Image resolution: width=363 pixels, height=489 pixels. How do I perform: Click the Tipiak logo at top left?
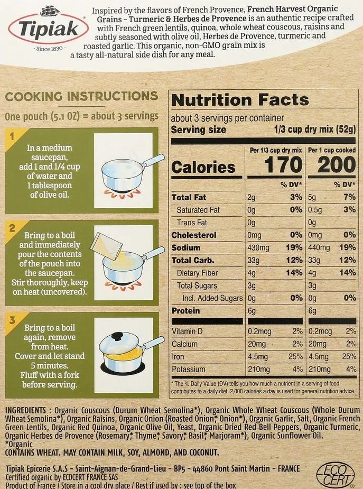tap(48, 28)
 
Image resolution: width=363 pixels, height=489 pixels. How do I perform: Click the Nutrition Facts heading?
tap(240, 100)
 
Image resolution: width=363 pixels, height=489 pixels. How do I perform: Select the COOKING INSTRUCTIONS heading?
tap(81, 96)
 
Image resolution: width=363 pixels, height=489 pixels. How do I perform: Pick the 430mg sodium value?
tap(259, 247)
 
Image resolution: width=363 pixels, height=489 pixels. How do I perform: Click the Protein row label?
tap(186, 311)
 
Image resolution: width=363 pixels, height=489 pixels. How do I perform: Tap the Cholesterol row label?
tap(194, 235)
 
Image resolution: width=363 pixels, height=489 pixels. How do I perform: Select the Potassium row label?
tap(189, 369)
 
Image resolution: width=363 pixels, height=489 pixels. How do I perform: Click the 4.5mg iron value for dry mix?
tap(258, 357)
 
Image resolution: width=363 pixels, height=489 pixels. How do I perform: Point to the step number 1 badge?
tap(11, 137)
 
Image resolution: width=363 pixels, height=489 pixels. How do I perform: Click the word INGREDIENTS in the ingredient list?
tap(27, 410)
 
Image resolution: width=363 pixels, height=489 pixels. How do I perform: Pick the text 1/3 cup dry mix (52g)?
tap(315, 130)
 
